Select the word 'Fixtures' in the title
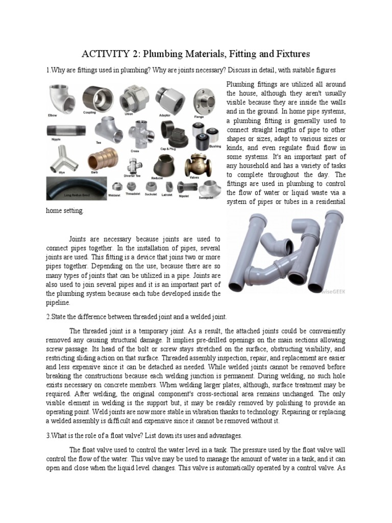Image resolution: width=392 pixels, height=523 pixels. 291,54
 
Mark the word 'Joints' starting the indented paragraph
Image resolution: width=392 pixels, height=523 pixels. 79,239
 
